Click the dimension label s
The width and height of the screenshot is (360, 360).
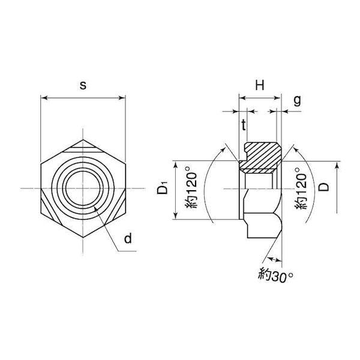(83, 86)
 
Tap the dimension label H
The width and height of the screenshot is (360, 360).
(260, 85)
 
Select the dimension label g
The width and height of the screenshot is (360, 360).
(298, 100)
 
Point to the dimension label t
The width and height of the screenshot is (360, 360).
(244, 125)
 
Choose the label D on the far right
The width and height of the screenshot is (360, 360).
(324, 187)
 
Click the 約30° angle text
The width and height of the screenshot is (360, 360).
(275, 275)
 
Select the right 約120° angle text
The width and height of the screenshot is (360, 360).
(301, 188)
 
